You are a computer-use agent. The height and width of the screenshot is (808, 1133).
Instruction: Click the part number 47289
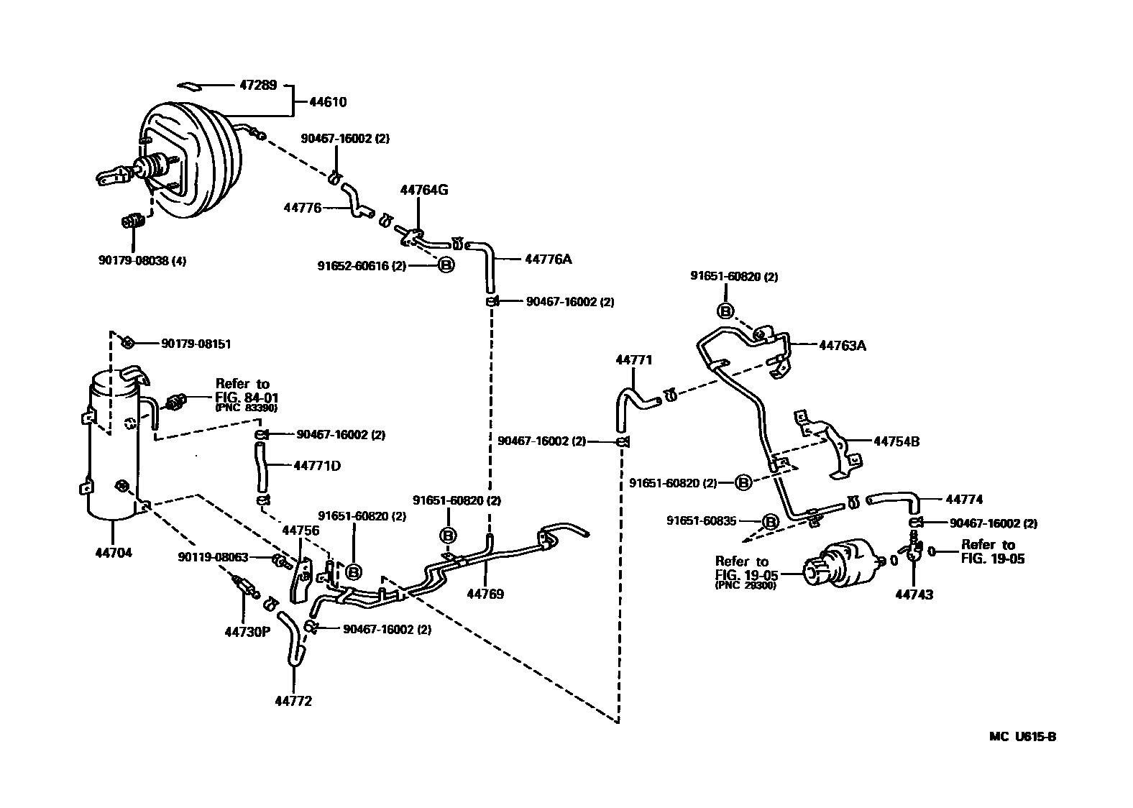click(257, 84)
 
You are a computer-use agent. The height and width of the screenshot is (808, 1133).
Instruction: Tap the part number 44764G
click(424, 190)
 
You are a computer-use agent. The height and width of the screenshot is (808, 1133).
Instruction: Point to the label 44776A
click(548, 259)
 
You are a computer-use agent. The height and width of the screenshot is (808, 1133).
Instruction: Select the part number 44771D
click(317, 466)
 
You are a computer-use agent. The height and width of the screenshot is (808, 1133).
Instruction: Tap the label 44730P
click(247, 632)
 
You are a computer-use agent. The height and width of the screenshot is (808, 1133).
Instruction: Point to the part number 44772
click(293, 701)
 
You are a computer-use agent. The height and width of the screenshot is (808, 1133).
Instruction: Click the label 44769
click(485, 594)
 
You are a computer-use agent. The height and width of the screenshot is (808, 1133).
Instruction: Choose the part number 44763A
click(843, 346)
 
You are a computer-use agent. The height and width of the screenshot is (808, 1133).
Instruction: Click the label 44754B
click(896, 441)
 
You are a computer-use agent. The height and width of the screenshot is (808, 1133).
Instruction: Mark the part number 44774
click(964, 500)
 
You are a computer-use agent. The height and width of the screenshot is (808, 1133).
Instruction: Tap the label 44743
click(914, 594)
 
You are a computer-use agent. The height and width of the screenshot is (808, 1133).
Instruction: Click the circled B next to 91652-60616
click(446, 266)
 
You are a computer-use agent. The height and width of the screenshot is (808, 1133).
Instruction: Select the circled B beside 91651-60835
click(769, 522)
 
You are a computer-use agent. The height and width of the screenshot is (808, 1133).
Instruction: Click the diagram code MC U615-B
click(1022, 736)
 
